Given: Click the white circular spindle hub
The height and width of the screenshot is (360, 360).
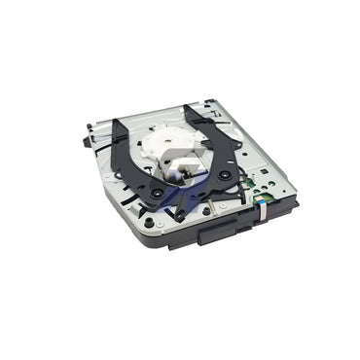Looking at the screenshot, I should (178, 140).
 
